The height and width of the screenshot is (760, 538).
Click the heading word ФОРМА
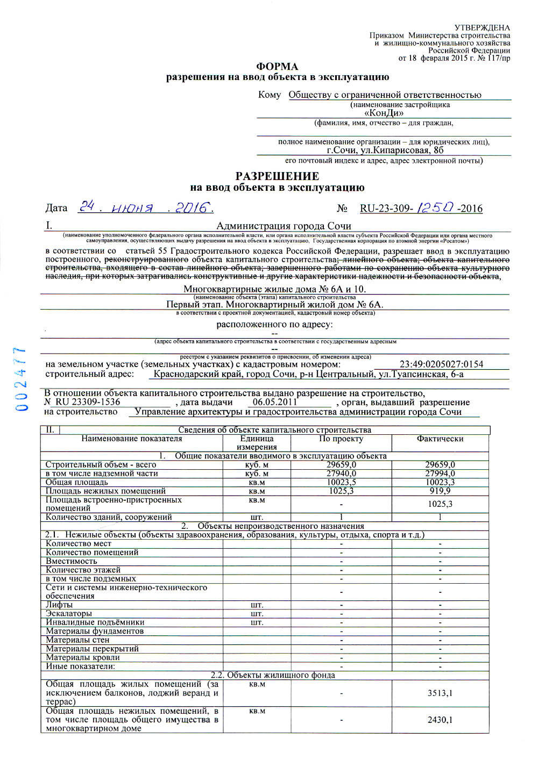click(277, 67)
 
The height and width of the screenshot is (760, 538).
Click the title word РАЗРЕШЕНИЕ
click(277, 176)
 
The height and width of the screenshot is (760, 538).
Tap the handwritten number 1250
click(436, 207)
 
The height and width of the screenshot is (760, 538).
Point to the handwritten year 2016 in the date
click(194, 207)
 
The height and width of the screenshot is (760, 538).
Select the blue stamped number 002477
click(22, 379)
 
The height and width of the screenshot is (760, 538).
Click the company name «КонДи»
click(384, 113)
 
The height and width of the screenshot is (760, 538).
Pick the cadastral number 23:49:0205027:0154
click(441, 364)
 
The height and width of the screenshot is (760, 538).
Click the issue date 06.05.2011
click(275, 401)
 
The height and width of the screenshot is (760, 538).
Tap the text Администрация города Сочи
click(284, 226)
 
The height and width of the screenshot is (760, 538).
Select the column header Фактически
click(440, 439)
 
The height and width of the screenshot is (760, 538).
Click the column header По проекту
click(341, 439)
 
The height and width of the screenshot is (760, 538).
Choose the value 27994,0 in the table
click(440, 474)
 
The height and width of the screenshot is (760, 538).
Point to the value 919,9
click(440, 491)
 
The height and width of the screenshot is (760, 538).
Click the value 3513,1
click(440, 693)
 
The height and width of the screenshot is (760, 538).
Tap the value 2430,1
click(440, 720)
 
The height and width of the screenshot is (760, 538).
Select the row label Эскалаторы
click(69, 613)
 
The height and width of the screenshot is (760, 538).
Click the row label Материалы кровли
click(83, 657)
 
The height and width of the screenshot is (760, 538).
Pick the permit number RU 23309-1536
click(88, 401)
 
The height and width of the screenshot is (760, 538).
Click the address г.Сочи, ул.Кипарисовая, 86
click(385, 150)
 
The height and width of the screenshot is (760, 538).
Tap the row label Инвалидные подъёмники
click(95, 622)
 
